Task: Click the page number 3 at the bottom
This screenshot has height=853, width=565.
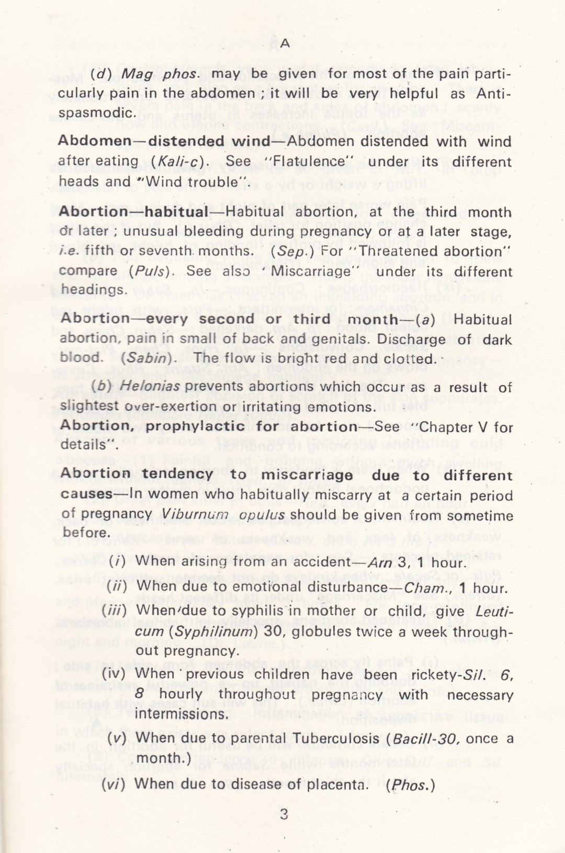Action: (x=284, y=814)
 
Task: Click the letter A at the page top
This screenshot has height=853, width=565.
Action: (x=285, y=44)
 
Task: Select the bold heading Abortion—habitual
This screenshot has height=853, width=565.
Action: (x=133, y=212)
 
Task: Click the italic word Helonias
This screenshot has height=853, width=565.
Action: (x=150, y=387)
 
